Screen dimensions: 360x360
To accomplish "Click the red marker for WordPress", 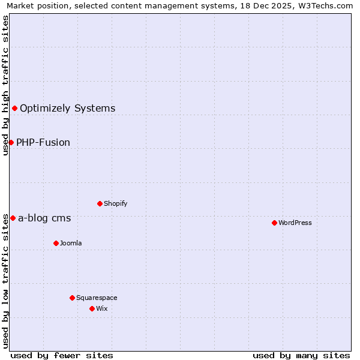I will tap(274, 223).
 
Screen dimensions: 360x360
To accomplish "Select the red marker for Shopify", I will tap(100, 203).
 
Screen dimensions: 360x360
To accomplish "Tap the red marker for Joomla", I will tap(56, 243).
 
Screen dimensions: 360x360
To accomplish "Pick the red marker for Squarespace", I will tap(72, 298).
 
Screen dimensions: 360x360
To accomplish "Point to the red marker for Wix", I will tap(92, 308).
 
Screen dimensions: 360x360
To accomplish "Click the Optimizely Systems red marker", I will tap(14, 108).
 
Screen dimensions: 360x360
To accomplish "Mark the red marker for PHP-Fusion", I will tap(11, 142).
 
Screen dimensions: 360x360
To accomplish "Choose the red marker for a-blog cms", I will tap(13, 218).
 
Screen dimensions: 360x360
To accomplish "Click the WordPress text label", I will tap(295, 223).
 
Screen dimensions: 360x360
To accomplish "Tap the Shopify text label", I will tap(116, 203).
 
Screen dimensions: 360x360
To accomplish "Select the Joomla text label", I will tap(71, 243).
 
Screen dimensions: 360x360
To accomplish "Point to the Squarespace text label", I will tap(97, 298).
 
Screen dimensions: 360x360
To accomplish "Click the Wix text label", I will tap(101, 308).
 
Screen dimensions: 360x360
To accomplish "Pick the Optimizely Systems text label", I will tap(67, 108).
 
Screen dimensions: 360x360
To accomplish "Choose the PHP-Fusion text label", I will tap(43, 142).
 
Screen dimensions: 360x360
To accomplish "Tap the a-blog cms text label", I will tap(44, 218).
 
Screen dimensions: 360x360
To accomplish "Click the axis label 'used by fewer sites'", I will tap(62, 355).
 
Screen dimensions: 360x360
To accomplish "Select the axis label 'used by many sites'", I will tap(301, 355).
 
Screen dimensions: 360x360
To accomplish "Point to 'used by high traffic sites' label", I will tap(6, 85).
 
